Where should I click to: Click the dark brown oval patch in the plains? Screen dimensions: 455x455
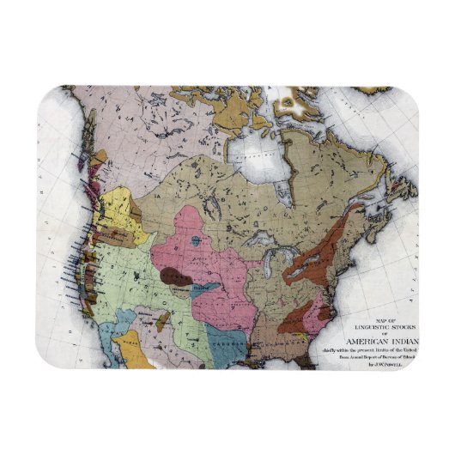pos(176,277)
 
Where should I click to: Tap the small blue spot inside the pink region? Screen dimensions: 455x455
pos(198,242)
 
